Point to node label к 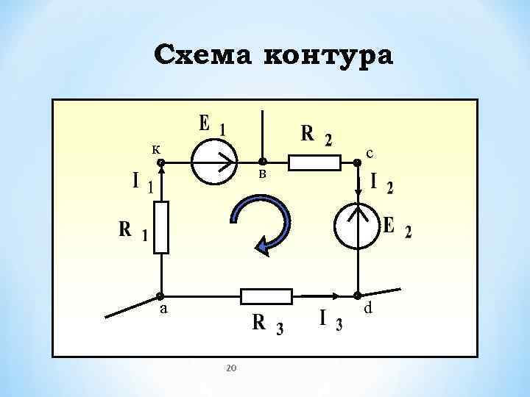point(156,149)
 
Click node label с point(370,153)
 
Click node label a point(165,310)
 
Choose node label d point(368,309)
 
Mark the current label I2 point(381,183)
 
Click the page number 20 point(230,367)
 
